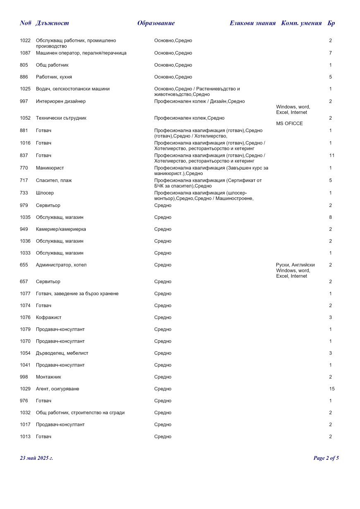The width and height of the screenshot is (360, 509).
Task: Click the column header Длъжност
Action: coord(53,23)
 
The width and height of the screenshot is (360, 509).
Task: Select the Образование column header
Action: coord(156,23)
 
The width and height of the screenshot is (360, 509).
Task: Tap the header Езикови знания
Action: coord(252,23)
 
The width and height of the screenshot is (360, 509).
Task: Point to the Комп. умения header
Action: coord(301,23)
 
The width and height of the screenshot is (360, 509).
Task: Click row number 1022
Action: coord(25,41)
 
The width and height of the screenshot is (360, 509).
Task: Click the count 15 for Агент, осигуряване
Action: coord(332,389)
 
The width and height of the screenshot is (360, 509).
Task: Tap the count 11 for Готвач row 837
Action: coord(332,156)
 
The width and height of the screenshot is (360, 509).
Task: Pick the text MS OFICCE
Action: coord(289,124)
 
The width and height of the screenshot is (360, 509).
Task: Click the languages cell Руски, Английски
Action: coord(295,265)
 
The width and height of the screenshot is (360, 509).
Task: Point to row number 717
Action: coord(24,180)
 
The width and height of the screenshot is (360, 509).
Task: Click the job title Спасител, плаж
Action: coord(54,180)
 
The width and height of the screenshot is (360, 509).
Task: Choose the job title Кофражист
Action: coord(48,317)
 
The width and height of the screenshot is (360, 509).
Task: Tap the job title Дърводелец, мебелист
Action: coord(62,353)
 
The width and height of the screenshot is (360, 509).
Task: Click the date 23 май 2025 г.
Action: coord(36,458)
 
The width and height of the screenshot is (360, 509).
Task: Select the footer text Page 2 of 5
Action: coord(326,458)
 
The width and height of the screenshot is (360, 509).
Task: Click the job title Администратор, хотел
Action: coord(61,265)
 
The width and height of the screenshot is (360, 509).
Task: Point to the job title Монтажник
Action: coord(48,377)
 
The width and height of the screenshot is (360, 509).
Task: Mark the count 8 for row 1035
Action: coord(331,217)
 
